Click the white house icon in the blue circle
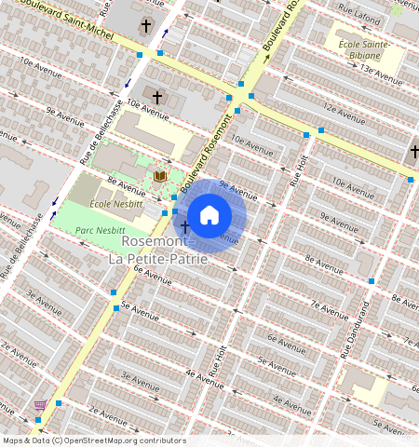209,215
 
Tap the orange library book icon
160,176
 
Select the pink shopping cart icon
40,405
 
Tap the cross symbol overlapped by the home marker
184,226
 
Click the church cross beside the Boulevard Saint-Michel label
145,26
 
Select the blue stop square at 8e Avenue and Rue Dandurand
372,281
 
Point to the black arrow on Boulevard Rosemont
267,58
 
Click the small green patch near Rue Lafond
397,10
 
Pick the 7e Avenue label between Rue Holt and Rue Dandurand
328,305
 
